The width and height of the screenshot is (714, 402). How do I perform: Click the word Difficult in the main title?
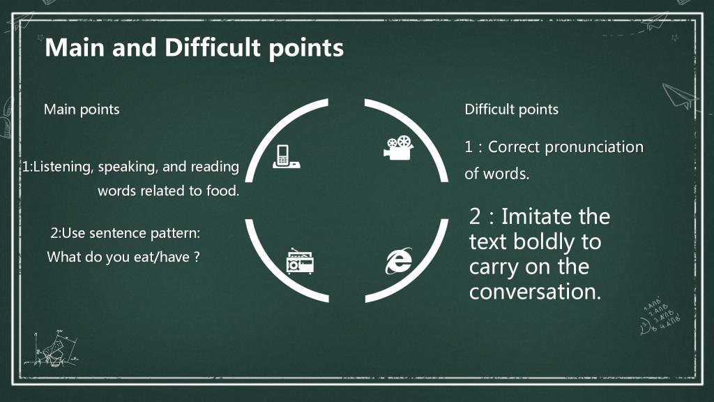coord(213,47)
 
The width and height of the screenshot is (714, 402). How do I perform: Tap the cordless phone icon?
coord(287,157)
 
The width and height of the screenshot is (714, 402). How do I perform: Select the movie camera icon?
coord(398,148)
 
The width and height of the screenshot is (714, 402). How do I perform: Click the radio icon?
coord(300,261)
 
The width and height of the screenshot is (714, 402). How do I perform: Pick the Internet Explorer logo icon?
coord(399,261)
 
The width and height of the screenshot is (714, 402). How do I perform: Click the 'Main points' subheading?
coord(82,110)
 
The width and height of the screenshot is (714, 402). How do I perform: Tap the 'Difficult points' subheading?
coord(511,110)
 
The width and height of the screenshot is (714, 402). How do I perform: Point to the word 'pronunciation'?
coord(594,148)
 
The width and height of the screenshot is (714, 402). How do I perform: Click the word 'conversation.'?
coord(535,292)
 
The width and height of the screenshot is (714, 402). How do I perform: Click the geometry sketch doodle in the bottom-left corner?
coord(52,349)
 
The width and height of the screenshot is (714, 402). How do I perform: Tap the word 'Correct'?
coord(514,147)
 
